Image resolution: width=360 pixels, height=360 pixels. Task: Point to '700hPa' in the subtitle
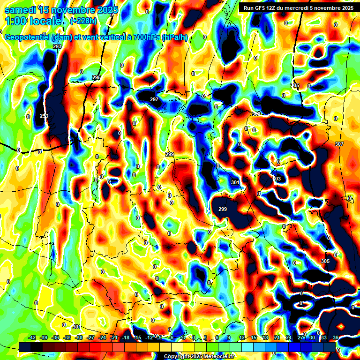coord(143,37)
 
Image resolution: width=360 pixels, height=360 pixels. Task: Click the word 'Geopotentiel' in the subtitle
coord(27,37)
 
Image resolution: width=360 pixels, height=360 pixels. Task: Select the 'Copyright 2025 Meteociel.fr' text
coord(199,357)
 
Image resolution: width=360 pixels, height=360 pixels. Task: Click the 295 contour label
coord(97,77)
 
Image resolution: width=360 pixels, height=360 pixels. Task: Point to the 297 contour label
coord(154,99)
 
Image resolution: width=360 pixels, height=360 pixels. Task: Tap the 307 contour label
coord(339,144)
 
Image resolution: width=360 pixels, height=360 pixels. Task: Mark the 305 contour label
coord(325,261)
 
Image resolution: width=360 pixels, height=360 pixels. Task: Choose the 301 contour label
coord(235,182)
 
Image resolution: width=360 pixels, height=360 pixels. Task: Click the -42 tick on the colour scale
coord(32,337)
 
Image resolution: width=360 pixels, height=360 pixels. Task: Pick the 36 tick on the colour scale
coord(336,337)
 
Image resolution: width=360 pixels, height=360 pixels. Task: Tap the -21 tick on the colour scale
coord(114,337)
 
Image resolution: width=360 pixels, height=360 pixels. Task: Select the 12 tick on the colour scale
coord(242,337)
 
